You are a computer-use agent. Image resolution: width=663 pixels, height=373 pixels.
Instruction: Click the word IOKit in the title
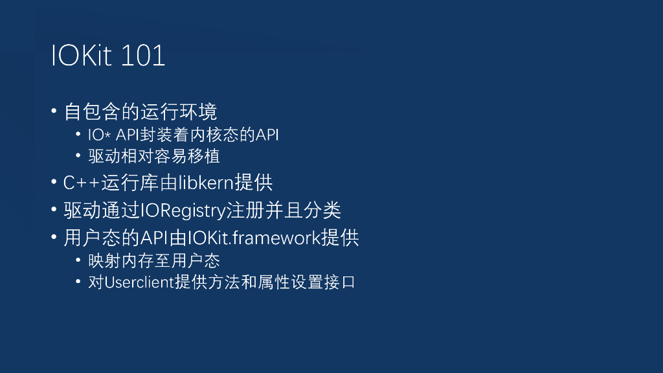(82, 56)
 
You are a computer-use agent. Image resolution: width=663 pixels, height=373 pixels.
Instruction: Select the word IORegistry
(183, 210)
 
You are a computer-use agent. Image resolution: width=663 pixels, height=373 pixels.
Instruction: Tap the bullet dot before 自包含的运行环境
(54, 111)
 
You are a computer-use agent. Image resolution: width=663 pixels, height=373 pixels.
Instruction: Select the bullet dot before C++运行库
(54, 183)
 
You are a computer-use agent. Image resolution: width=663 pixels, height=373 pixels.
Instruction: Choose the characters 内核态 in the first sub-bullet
(232, 135)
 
